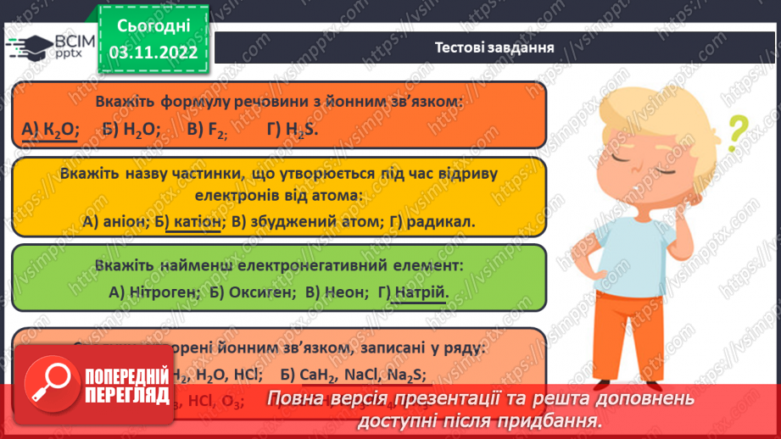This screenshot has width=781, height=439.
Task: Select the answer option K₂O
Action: coord(58,129)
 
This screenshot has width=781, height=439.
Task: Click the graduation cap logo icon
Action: coord(29,47)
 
